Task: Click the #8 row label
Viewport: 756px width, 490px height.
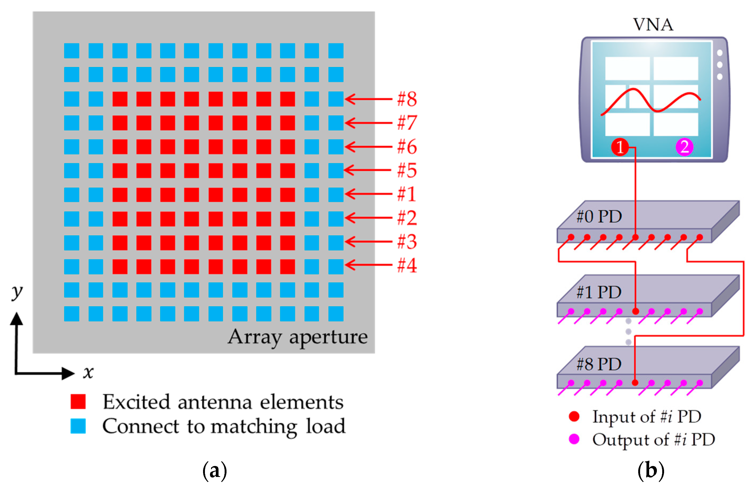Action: click(407, 99)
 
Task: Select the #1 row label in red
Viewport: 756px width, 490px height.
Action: click(407, 194)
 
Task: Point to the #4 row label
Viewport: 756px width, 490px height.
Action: click(407, 265)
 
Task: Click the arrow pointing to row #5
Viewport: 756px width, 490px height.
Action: click(368, 170)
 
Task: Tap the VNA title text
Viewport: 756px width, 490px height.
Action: click(653, 25)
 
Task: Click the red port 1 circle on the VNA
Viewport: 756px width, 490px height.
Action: click(620, 147)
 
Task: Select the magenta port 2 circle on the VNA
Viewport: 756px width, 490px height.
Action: click(684, 147)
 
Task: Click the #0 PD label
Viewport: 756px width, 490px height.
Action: click(599, 216)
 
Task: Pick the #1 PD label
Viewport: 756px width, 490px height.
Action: click(599, 292)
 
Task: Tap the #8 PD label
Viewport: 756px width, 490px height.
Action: click(599, 364)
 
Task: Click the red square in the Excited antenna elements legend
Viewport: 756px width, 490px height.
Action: click(78, 402)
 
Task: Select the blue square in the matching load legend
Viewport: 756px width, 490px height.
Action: click(78, 426)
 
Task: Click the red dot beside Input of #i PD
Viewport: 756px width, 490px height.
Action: click(574, 416)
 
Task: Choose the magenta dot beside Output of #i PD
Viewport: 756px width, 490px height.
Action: click(574, 439)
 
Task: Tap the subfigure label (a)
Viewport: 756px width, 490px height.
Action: click(215, 471)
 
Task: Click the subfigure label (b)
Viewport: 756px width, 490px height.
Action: click(651, 471)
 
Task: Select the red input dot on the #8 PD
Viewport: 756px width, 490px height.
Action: click(635, 383)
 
